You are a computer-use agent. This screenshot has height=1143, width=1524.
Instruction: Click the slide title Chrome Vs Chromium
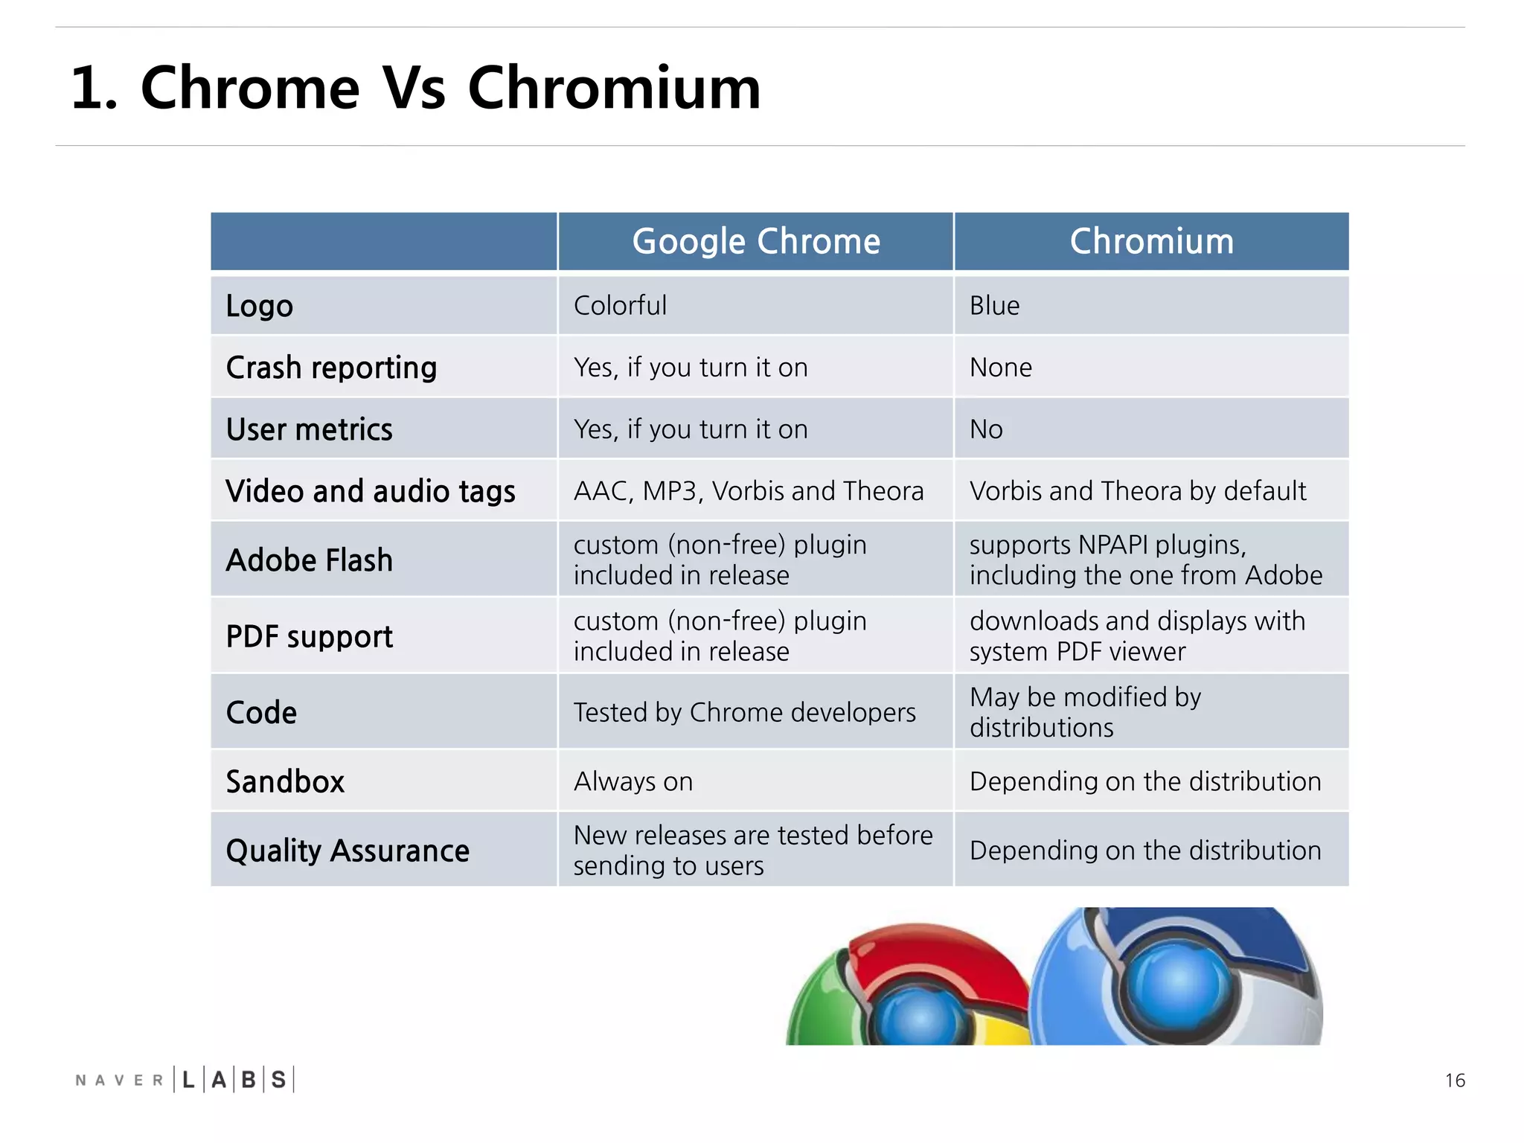[x=415, y=88]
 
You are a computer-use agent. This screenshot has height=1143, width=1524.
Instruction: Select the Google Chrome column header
[x=755, y=241]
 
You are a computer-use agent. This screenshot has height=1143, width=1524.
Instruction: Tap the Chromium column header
[x=1151, y=241]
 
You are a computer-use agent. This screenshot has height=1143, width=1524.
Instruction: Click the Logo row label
[x=260, y=306]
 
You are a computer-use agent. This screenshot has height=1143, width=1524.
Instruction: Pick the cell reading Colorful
[x=620, y=306]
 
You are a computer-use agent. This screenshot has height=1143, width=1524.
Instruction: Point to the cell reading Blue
[x=994, y=306]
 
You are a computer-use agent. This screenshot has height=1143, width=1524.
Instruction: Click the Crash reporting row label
[x=331, y=368]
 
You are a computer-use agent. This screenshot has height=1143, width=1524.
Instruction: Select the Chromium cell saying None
[x=1000, y=368]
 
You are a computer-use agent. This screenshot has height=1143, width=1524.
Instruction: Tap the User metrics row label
[x=309, y=429]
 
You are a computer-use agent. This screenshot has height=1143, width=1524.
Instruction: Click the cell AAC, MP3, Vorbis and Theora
[x=748, y=491]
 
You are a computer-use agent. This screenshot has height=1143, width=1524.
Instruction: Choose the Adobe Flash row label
[x=309, y=560]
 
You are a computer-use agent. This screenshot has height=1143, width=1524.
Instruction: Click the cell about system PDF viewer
[x=1136, y=636]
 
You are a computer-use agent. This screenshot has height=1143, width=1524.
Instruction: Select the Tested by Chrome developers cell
[x=744, y=713]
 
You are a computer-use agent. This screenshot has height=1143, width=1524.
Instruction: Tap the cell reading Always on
[x=633, y=781]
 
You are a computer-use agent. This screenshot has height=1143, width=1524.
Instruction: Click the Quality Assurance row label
[x=348, y=851]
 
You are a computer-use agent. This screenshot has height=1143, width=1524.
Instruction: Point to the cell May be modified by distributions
[x=1085, y=712]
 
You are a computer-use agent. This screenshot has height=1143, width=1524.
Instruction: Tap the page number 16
[x=1455, y=1080]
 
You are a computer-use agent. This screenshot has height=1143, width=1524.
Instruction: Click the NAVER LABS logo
[x=185, y=1080]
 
